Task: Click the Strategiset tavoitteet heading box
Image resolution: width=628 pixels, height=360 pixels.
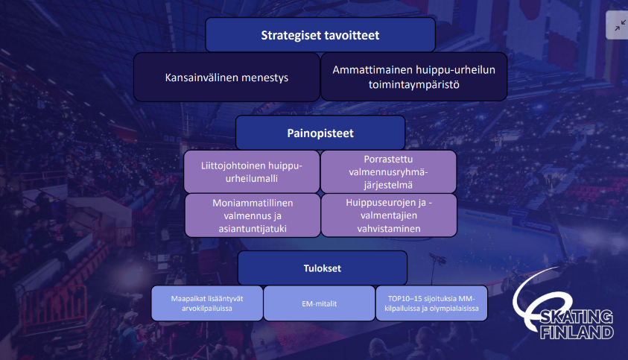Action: click(320, 35)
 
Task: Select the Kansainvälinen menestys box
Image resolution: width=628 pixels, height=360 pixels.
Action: click(226, 77)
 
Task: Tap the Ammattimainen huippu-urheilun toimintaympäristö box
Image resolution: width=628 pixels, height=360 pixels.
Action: click(414, 77)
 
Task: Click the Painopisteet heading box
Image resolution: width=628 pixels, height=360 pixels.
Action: click(320, 133)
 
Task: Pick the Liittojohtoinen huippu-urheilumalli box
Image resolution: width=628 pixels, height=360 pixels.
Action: click(252, 172)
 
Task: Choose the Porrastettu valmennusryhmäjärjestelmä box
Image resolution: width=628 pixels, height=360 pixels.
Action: click(388, 172)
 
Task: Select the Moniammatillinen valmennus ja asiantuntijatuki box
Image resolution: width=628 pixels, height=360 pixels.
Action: click(253, 215)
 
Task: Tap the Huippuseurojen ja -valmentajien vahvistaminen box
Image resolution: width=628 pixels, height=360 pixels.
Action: click(389, 215)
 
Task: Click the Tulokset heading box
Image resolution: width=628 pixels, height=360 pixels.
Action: click(323, 268)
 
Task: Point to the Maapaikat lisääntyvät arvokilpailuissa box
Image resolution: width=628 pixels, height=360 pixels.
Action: click(207, 303)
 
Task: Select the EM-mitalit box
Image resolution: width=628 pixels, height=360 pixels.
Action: click(319, 303)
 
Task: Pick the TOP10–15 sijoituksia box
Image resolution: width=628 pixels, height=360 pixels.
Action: click(431, 303)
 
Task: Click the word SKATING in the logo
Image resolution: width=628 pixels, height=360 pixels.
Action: click(577, 317)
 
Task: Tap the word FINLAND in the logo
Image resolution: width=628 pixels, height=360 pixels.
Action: click(577, 332)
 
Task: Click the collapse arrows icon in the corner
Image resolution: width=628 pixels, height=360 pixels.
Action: click(620, 25)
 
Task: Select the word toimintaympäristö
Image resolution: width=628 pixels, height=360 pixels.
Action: click(414, 85)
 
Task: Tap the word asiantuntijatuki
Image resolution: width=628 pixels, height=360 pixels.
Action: click(253, 229)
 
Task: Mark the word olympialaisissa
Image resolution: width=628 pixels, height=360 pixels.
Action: click(454, 309)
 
